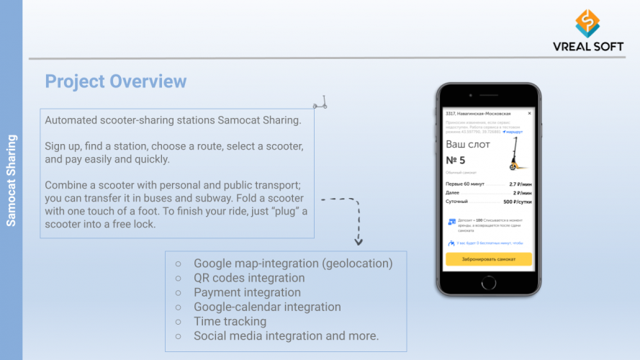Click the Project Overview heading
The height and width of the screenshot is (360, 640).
click(x=116, y=81)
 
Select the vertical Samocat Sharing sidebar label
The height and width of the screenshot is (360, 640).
click(x=11, y=180)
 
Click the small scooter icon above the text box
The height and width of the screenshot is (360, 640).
click(x=320, y=102)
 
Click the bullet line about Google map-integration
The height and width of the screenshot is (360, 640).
click(x=293, y=264)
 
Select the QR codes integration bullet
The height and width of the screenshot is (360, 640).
click(x=248, y=278)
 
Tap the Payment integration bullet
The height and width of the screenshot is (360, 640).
click(x=247, y=292)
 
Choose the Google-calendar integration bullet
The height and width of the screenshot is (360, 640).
click(x=267, y=307)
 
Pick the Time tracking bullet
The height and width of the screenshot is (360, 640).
click(x=230, y=321)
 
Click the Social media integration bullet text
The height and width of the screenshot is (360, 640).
click(x=286, y=336)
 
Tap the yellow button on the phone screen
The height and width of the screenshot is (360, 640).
click(x=489, y=260)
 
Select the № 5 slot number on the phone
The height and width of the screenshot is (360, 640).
click(x=456, y=160)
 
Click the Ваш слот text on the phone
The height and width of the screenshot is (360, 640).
click(x=468, y=144)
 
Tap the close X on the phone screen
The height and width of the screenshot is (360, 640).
click(x=529, y=113)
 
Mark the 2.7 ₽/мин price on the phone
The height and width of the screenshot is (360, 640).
click(x=520, y=184)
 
